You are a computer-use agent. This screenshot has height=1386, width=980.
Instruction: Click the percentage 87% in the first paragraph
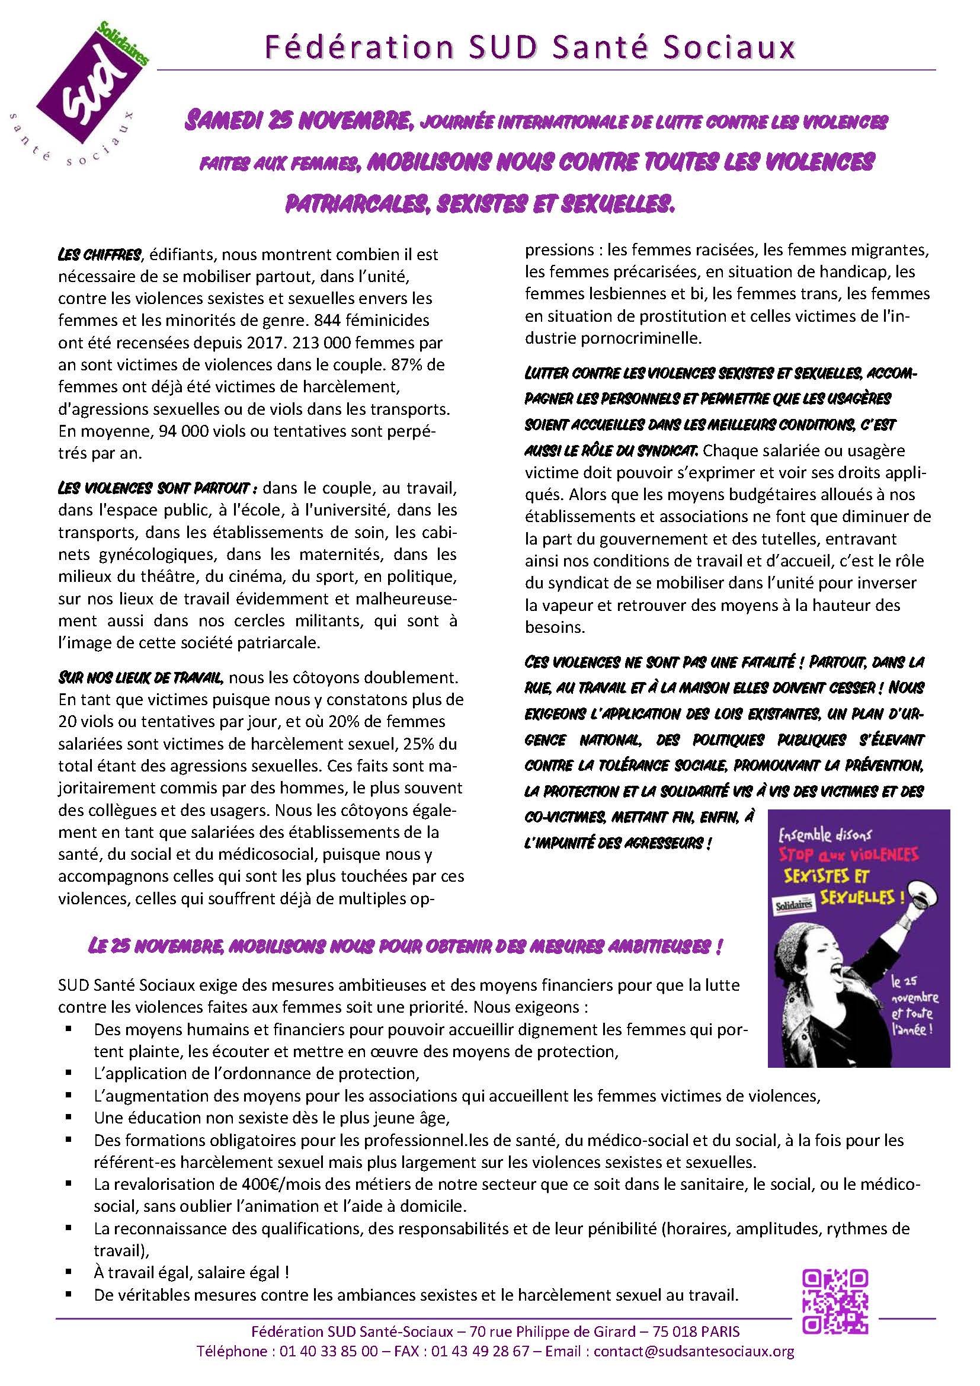tap(418, 364)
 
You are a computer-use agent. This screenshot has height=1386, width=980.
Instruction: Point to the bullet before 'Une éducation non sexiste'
tap(71, 1118)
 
